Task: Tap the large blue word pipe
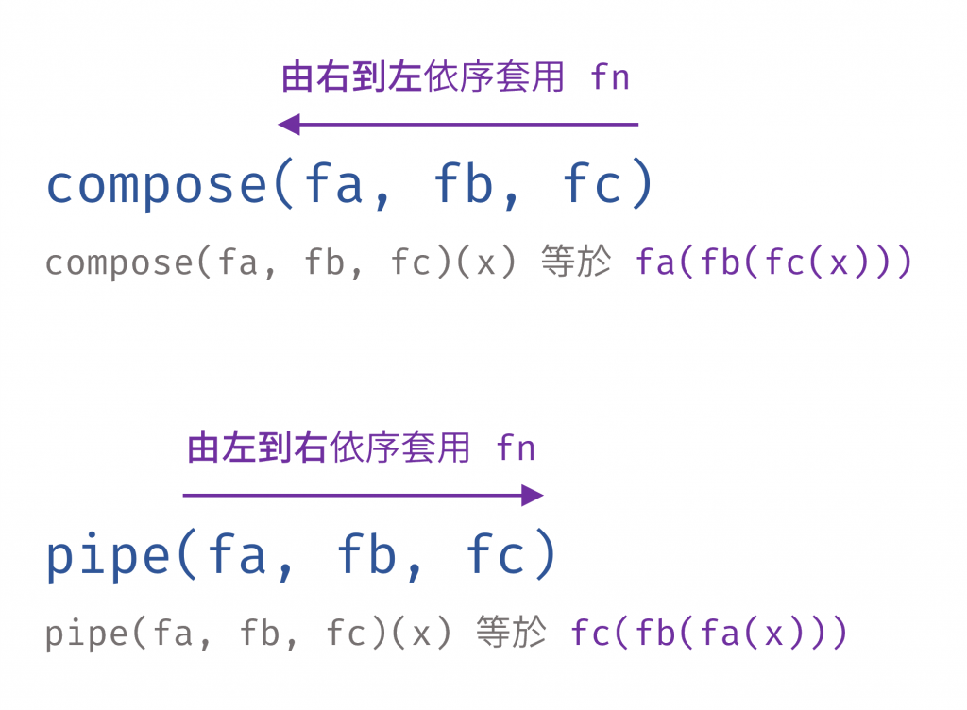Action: tap(110, 556)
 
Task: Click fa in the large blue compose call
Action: tap(335, 185)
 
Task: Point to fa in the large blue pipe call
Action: tap(239, 556)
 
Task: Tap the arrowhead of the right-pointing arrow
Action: tap(533, 495)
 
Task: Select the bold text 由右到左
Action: tap(351, 77)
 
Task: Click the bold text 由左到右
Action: tap(257, 448)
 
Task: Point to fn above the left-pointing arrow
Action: tap(610, 77)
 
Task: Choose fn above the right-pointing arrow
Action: tap(516, 448)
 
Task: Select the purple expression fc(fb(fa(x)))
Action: tap(709, 633)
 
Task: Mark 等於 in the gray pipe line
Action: tap(511, 633)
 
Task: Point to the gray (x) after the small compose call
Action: tap(486, 262)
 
